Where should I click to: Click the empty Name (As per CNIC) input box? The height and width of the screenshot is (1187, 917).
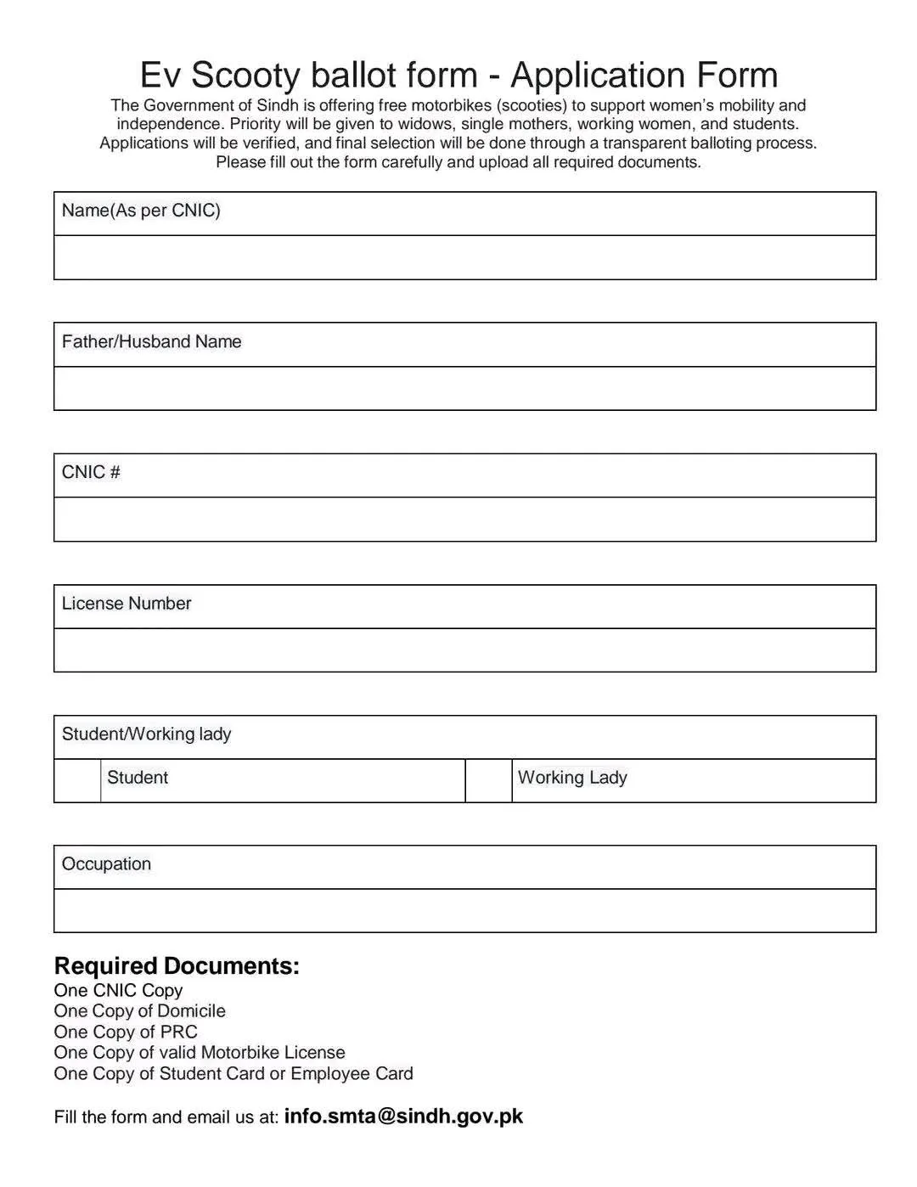pyautogui.click(x=464, y=257)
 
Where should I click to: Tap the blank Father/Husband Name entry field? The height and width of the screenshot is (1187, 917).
pyautogui.click(x=464, y=388)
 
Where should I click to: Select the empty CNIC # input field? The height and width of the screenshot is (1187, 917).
pyautogui.click(x=464, y=519)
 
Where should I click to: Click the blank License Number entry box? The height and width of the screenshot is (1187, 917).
pyautogui.click(x=464, y=650)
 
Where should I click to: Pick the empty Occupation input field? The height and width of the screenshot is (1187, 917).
pyautogui.click(x=464, y=910)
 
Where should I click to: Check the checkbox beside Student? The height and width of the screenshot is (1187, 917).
pyautogui.click(x=77, y=780)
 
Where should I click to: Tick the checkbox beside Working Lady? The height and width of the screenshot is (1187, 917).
pyautogui.click(x=488, y=780)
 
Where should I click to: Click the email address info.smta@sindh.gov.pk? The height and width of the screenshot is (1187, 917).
pyautogui.click(x=403, y=1116)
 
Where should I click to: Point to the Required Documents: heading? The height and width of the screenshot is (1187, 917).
pyautogui.click(x=177, y=966)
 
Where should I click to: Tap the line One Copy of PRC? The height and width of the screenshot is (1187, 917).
pyautogui.click(x=126, y=1032)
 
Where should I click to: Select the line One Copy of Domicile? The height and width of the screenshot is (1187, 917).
pyautogui.click(x=140, y=1011)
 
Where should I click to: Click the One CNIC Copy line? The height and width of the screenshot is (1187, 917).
pyautogui.click(x=118, y=990)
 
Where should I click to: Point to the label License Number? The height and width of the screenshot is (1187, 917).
pyautogui.click(x=127, y=604)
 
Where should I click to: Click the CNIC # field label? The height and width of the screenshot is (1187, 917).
pyautogui.click(x=91, y=472)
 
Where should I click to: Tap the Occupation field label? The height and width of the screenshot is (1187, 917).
pyautogui.click(x=106, y=864)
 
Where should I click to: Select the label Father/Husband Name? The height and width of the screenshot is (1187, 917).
pyautogui.click(x=151, y=341)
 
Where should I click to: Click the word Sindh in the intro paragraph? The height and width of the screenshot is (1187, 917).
pyautogui.click(x=274, y=105)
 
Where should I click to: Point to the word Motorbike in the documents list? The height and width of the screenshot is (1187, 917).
pyautogui.click(x=239, y=1053)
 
